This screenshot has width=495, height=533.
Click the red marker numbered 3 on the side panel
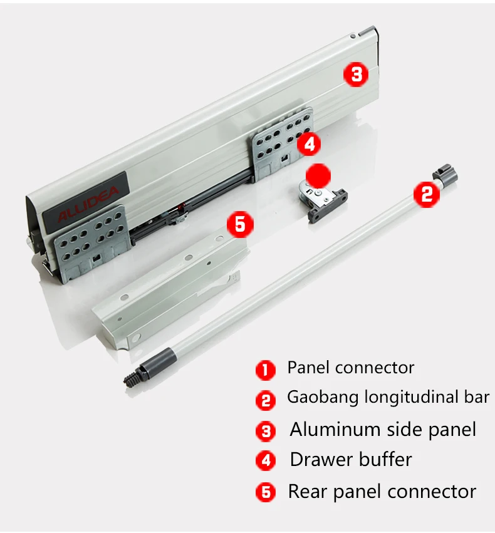tap(356, 75)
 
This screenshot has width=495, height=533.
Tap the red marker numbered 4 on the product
tap(308, 145)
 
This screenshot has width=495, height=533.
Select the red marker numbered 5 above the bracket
tap(241, 224)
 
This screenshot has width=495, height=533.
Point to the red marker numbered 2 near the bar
tap(427, 194)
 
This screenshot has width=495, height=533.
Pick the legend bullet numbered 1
tap(265, 370)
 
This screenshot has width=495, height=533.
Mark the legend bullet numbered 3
tap(265, 431)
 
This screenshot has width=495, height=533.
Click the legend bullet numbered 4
tap(265, 461)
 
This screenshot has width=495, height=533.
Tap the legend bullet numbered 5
tap(265, 492)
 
